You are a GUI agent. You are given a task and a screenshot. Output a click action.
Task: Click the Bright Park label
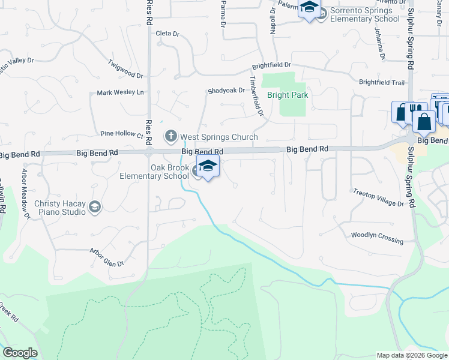click(x=288, y=95)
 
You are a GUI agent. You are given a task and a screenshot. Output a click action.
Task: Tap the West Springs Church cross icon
click(x=171, y=137)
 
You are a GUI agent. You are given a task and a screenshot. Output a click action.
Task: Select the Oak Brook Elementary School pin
click(x=208, y=168)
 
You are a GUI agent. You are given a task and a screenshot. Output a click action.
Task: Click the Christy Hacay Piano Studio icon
click(x=94, y=207)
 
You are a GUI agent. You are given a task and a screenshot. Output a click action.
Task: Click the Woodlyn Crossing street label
click(x=377, y=238)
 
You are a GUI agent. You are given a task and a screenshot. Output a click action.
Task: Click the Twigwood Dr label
click(x=125, y=68)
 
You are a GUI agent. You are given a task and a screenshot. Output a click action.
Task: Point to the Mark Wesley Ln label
click(x=121, y=92)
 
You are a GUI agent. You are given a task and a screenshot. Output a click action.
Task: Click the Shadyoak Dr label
click(x=226, y=91)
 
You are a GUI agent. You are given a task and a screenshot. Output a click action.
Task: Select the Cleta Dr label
click(x=167, y=34)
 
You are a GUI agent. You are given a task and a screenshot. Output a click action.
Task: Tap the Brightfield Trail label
click(x=382, y=82)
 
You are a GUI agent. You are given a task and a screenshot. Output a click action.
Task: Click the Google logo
click(x=20, y=353)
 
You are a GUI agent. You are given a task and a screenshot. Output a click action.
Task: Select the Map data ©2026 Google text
click(x=411, y=355)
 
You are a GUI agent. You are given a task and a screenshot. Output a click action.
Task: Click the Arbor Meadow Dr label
click(x=26, y=193)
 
